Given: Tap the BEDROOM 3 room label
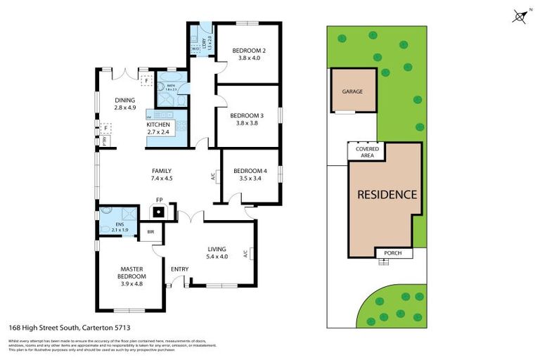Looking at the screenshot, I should (251, 115).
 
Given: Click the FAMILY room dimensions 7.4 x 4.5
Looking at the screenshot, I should (162, 179).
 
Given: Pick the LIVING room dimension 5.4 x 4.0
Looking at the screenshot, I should (217, 257).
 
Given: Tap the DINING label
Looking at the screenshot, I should (124, 100).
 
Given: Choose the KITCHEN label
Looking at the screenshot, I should (158, 124).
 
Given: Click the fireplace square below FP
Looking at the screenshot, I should (160, 211).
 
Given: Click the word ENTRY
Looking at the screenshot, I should (180, 269).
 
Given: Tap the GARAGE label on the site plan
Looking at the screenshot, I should (352, 92).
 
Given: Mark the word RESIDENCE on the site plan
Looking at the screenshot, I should (388, 195).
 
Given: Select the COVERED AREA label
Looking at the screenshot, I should (368, 152).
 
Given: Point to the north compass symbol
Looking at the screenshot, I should (519, 16).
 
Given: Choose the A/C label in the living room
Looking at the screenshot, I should (245, 253).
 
